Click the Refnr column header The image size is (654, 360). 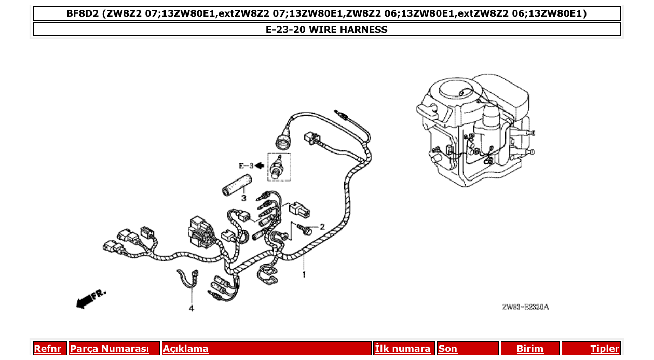click(47, 349)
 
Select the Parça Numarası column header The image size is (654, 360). click(110, 349)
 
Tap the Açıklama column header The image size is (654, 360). click(186, 349)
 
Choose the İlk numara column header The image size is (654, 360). click(403, 349)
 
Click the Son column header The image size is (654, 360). click(448, 349)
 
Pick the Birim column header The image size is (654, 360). click(530, 349)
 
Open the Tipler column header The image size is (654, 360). click(605, 349)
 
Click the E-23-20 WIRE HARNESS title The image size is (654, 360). click(326, 30)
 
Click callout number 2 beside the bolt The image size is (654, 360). click(322, 227)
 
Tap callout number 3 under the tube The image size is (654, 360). click(243, 198)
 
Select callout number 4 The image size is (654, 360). click(191, 308)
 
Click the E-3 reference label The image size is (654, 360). click(246, 166)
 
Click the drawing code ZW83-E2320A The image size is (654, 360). click(525, 307)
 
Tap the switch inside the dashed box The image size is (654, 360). click(279, 167)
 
